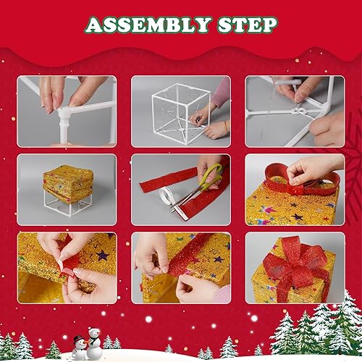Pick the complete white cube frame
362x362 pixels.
click(x=180, y=109)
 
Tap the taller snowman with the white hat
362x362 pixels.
click(x=93, y=340)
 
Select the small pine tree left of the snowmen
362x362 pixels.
click(x=53, y=350)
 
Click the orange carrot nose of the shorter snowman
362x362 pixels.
click(x=79, y=345)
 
